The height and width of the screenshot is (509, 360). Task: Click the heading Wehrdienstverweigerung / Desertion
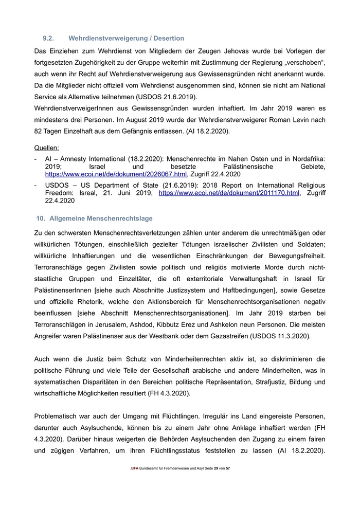pos(126,39)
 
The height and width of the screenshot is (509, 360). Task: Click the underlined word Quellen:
pos(46,148)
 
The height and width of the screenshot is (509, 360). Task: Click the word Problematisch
pos(58,417)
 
